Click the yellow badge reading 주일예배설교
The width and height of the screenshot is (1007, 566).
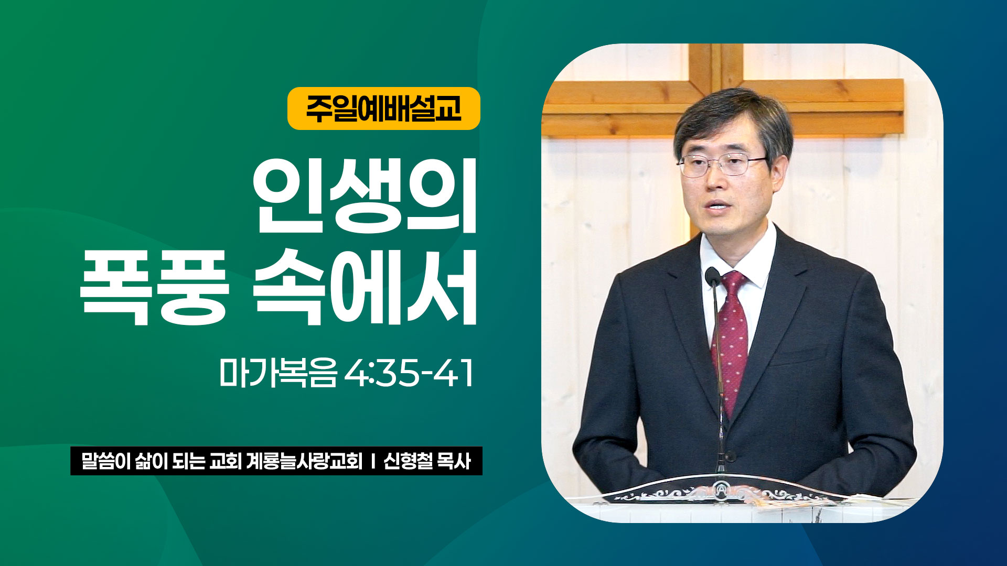(x=383, y=108)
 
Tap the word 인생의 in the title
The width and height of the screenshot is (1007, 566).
(x=365, y=195)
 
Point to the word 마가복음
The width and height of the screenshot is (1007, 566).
(x=277, y=373)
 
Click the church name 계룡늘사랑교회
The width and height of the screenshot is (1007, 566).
(x=304, y=461)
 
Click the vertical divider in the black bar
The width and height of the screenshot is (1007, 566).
(x=373, y=461)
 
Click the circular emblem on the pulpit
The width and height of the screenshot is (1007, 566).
(x=722, y=491)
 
